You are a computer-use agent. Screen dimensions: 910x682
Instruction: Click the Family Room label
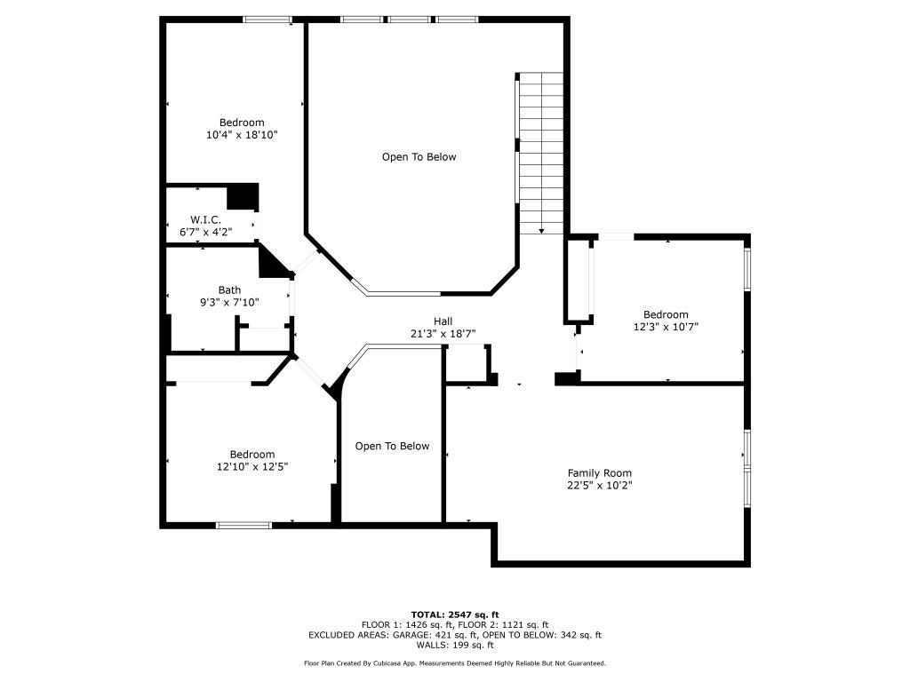point(600,473)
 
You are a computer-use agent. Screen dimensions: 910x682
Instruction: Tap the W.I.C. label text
point(205,220)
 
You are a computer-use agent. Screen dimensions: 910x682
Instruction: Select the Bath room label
point(230,290)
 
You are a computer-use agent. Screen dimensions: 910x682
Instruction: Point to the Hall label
point(443,321)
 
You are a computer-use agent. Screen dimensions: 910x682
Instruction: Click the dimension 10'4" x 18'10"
point(242,135)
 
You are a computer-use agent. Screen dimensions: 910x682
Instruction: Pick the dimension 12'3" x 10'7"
point(666,327)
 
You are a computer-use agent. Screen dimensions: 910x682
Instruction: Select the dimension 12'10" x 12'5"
point(252,466)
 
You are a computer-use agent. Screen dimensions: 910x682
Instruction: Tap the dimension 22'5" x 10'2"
point(600,486)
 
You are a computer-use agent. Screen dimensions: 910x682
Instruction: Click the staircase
point(541,153)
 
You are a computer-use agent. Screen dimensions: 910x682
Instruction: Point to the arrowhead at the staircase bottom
point(541,232)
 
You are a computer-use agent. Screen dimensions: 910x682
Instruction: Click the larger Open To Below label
point(419,157)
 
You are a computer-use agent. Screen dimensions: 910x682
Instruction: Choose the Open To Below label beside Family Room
point(392,446)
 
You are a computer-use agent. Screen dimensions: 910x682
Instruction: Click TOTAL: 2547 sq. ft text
point(455,615)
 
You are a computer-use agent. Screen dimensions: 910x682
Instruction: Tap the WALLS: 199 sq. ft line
point(455,645)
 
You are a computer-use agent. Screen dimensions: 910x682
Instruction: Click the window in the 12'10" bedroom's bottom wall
point(243,526)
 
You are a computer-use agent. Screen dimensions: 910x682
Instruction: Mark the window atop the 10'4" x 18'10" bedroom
point(267,20)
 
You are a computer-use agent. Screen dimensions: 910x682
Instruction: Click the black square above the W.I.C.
point(242,197)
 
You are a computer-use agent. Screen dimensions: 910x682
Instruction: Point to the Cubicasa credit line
point(455,662)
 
